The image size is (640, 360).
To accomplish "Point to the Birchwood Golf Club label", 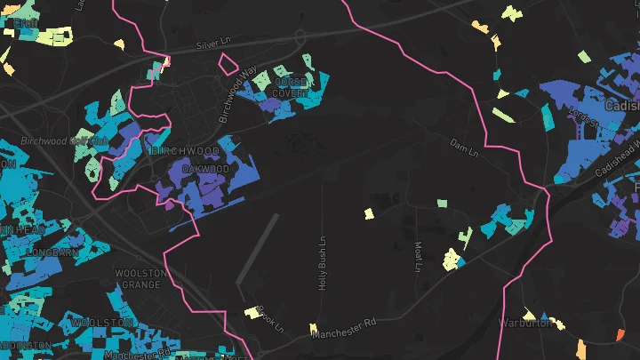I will click(64, 141).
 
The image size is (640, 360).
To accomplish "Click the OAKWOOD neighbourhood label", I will click(205, 169).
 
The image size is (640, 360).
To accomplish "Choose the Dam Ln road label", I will click(464, 148).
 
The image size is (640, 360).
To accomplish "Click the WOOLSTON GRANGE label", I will click(140, 278).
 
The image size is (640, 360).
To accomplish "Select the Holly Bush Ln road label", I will click(324, 262).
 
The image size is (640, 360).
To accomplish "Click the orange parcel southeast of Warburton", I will click(620, 334).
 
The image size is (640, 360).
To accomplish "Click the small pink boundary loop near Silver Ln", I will click(228, 62).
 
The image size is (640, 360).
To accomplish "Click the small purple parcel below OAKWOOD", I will click(170, 204).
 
